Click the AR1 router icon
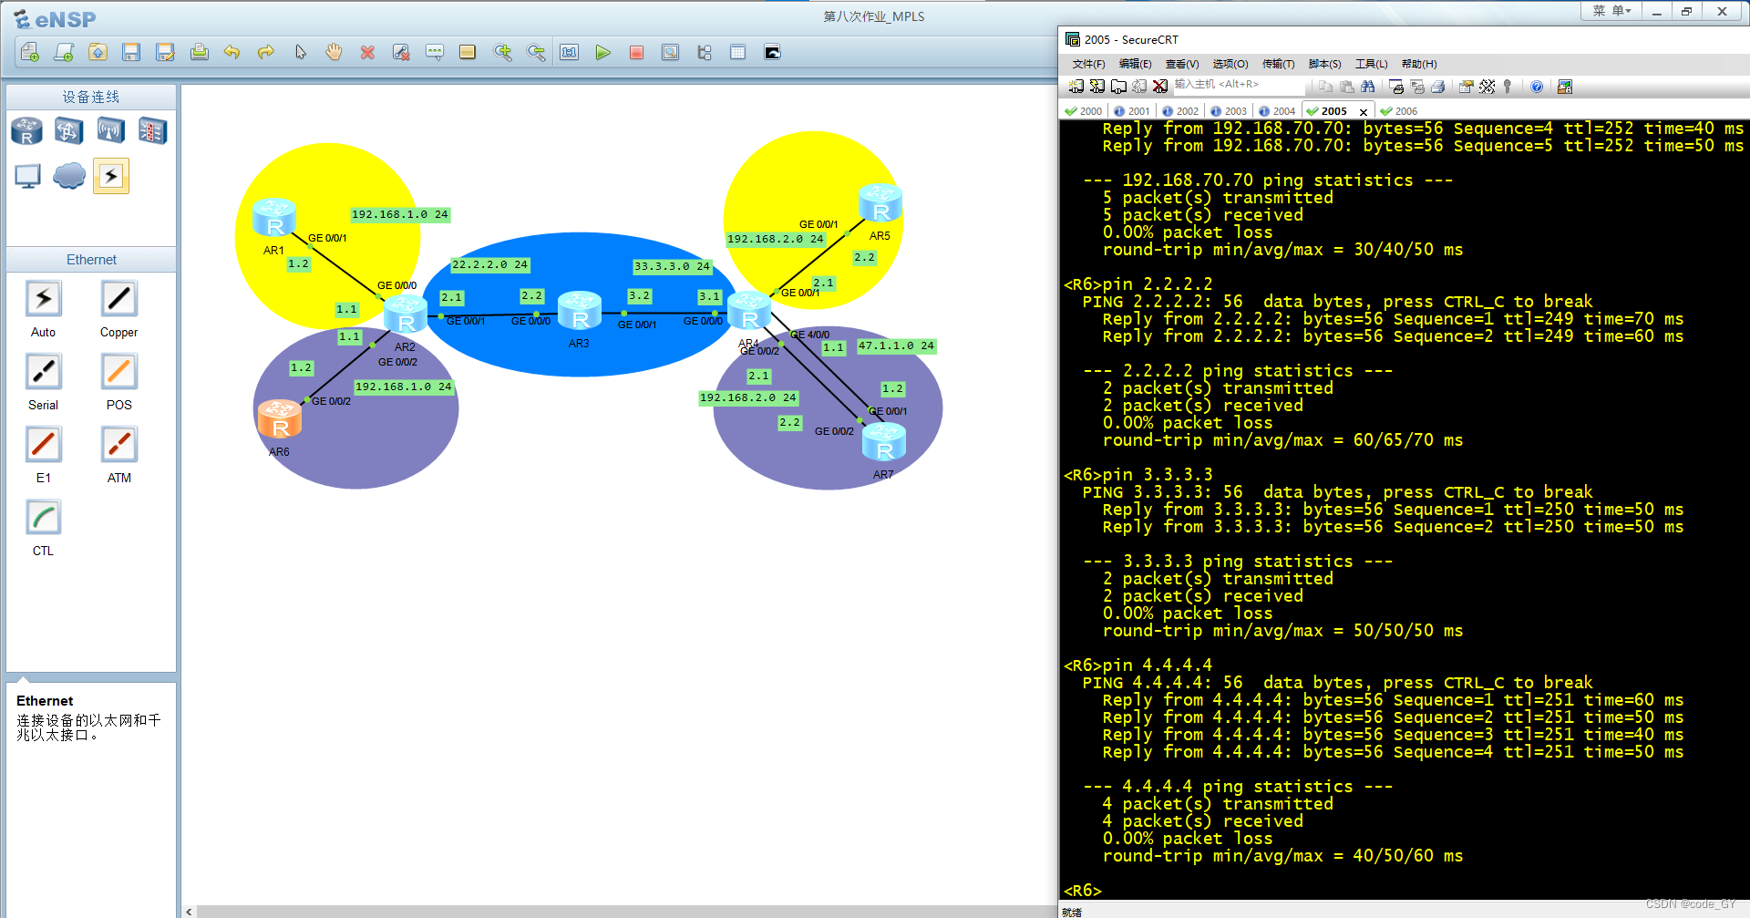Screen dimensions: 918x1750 pos(274,218)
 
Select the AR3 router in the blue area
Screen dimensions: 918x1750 pos(580,311)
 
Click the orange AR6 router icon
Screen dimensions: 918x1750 pos(280,419)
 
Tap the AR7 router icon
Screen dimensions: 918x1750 pos(883,442)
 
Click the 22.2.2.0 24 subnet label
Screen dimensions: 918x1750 pos(489,264)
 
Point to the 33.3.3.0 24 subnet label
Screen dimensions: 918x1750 pos(672,266)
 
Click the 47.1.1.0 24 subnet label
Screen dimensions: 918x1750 pos(896,346)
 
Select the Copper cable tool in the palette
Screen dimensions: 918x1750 pos(118,299)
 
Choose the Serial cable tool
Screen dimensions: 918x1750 pos(43,372)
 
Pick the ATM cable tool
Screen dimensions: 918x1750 pos(118,445)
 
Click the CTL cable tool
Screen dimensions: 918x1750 pos(43,518)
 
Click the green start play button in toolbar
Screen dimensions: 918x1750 pos(602,53)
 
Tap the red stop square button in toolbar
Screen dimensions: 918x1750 pos(636,53)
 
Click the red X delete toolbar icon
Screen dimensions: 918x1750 pos(367,53)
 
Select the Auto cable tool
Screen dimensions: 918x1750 pos(43,299)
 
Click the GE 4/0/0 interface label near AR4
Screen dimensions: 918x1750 pos(809,335)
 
